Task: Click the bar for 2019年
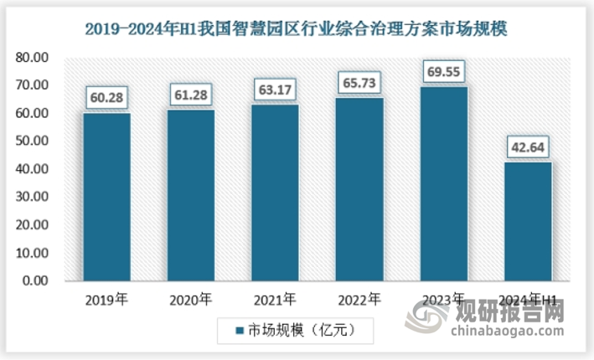(x=106, y=197)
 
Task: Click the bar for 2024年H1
(x=528, y=221)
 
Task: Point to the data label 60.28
(x=106, y=99)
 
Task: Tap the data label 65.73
(x=359, y=84)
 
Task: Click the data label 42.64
(x=528, y=148)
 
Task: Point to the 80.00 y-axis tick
(x=33, y=58)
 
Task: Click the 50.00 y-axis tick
(x=33, y=141)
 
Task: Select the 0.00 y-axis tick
(x=36, y=281)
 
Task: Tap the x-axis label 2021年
(x=276, y=298)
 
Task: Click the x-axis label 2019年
(x=106, y=298)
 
